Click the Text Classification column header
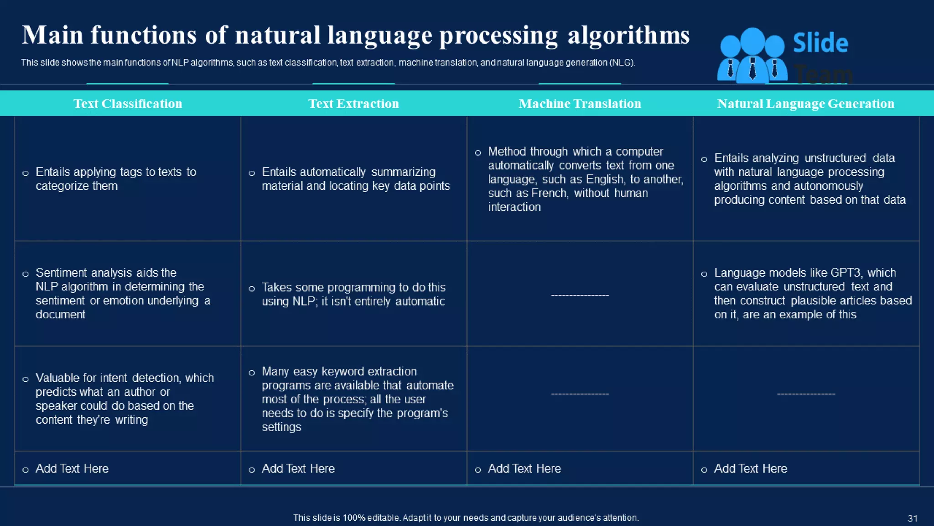tap(128, 104)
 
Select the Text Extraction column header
tap(353, 104)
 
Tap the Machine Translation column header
tap(580, 104)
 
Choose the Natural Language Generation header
tap(805, 104)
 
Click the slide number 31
tap(913, 518)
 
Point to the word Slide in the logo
tap(820, 43)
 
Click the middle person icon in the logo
tap(752, 55)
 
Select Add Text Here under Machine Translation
tap(524, 468)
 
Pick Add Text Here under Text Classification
tap(72, 468)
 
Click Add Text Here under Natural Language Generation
tap(750, 468)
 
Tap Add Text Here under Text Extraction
tap(298, 468)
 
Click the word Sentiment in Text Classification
tap(61, 273)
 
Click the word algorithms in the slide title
tap(628, 36)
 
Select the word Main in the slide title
tap(52, 35)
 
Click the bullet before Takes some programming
tap(252, 289)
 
